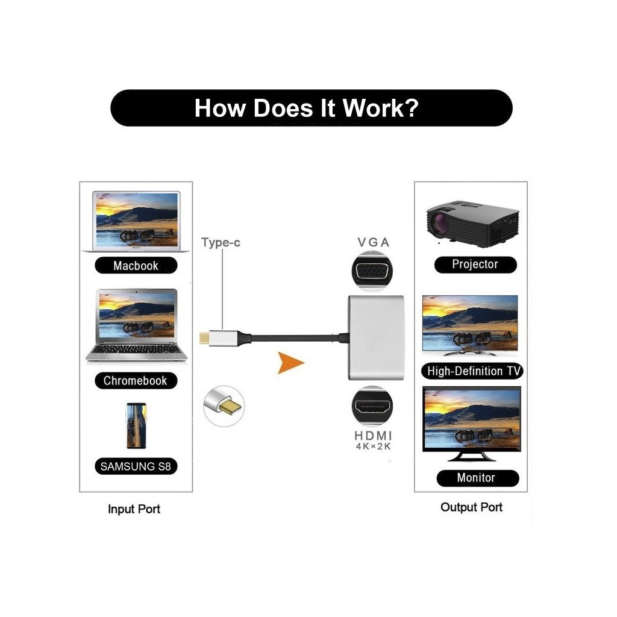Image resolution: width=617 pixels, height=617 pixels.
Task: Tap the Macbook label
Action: tap(136, 266)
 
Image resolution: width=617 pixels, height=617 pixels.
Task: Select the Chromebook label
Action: tap(135, 380)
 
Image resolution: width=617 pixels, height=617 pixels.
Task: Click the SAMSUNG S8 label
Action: tap(136, 466)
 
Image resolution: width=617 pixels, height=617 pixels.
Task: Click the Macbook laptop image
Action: tap(136, 221)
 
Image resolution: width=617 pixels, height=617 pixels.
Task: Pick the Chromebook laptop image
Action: tap(136, 325)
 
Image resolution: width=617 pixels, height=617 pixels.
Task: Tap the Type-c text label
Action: tap(221, 243)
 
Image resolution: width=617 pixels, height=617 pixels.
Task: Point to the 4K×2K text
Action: tap(374, 446)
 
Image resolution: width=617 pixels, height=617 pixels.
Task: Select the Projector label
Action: tap(475, 264)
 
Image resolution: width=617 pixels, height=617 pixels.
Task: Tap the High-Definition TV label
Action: tap(474, 371)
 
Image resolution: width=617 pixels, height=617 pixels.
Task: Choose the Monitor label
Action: tap(475, 478)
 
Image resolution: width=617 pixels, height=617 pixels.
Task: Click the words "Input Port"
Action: tap(134, 509)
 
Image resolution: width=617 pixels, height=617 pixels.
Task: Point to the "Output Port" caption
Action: tap(471, 507)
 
